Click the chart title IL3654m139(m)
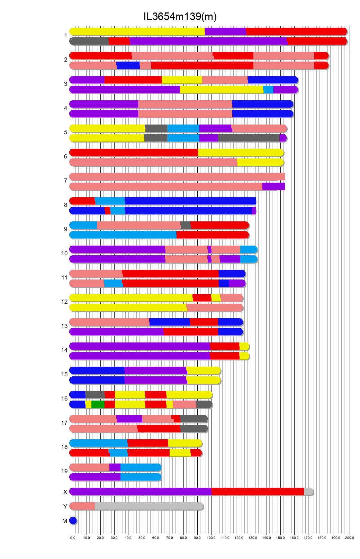point(180,17)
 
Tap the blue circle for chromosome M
point(73,521)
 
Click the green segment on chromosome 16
point(98,404)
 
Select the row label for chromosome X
point(65,492)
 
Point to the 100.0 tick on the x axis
point(211,538)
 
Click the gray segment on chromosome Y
point(149,506)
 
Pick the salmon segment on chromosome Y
point(82,506)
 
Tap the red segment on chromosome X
point(257,492)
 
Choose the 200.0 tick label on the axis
point(349,538)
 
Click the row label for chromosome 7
point(65,181)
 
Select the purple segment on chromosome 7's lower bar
point(273,186)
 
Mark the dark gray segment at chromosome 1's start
point(89,41)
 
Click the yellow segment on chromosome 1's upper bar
point(137,31)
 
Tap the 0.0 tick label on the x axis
point(73,538)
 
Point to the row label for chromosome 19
point(64,471)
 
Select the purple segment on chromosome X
point(140,492)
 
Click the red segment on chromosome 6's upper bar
point(134,153)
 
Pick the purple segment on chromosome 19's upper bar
point(115,467)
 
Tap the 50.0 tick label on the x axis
point(142,538)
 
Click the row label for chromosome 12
point(64,302)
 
